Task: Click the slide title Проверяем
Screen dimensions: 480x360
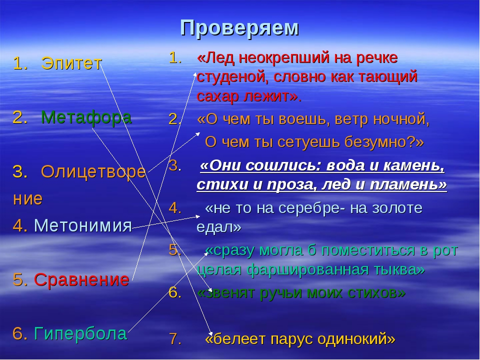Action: click(x=239, y=28)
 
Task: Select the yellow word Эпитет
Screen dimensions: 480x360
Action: click(x=71, y=63)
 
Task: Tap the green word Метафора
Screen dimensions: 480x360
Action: click(x=86, y=117)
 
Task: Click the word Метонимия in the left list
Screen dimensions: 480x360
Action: click(x=83, y=225)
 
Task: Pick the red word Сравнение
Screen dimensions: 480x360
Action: click(x=81, y=279)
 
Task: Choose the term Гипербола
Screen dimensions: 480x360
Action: click(x=80, y=333)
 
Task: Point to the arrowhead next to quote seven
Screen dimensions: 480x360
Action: click(x=210, y=333)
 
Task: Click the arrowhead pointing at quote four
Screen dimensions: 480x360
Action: click(x=197, y=216)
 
